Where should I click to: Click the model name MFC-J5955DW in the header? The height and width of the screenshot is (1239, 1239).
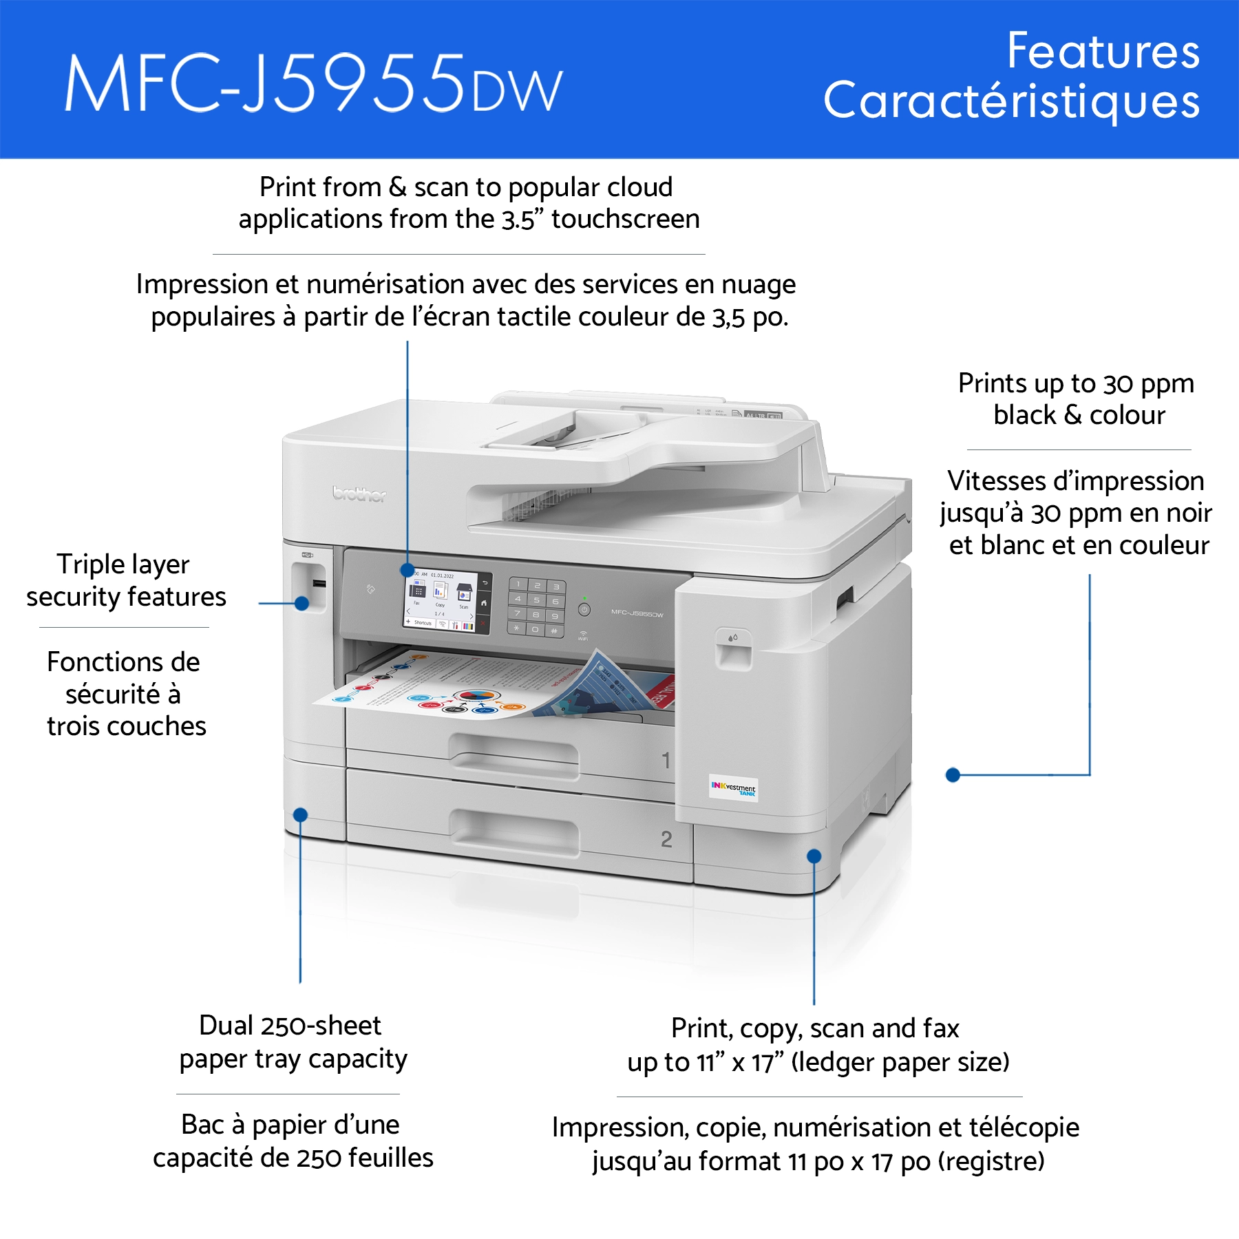314,83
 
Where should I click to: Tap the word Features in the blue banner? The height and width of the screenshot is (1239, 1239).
1103,51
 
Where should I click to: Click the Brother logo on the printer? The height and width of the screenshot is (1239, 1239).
359,494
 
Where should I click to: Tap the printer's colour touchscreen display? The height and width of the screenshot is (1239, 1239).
441,601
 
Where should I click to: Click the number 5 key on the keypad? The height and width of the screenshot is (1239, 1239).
537,600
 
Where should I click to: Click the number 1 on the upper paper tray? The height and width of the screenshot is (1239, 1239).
666,761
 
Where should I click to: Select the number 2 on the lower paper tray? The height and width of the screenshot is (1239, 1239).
666,839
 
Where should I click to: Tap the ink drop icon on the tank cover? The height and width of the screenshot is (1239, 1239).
732,638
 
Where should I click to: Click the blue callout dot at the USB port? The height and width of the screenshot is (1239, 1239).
301,603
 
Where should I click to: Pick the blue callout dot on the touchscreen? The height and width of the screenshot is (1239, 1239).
407,571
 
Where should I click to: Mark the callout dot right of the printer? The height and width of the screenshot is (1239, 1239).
953,775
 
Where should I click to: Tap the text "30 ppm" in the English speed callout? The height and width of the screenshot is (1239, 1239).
1149,384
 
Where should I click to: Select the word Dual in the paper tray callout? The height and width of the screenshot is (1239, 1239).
226,1026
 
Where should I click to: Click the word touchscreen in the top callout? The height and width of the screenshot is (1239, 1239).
626,220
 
